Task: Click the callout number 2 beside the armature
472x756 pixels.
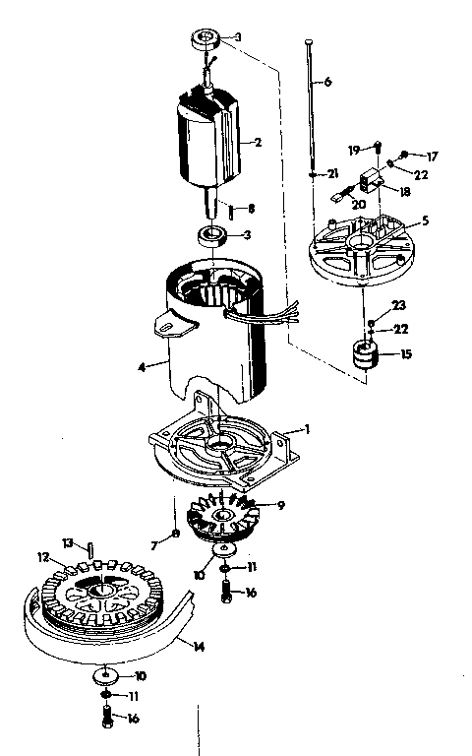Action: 258,142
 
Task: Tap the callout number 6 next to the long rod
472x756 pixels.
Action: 327,82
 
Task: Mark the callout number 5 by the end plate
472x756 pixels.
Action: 426,221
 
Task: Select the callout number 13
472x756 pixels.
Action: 69,542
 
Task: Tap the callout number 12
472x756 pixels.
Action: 43,558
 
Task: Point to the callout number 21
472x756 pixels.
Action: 333,173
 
